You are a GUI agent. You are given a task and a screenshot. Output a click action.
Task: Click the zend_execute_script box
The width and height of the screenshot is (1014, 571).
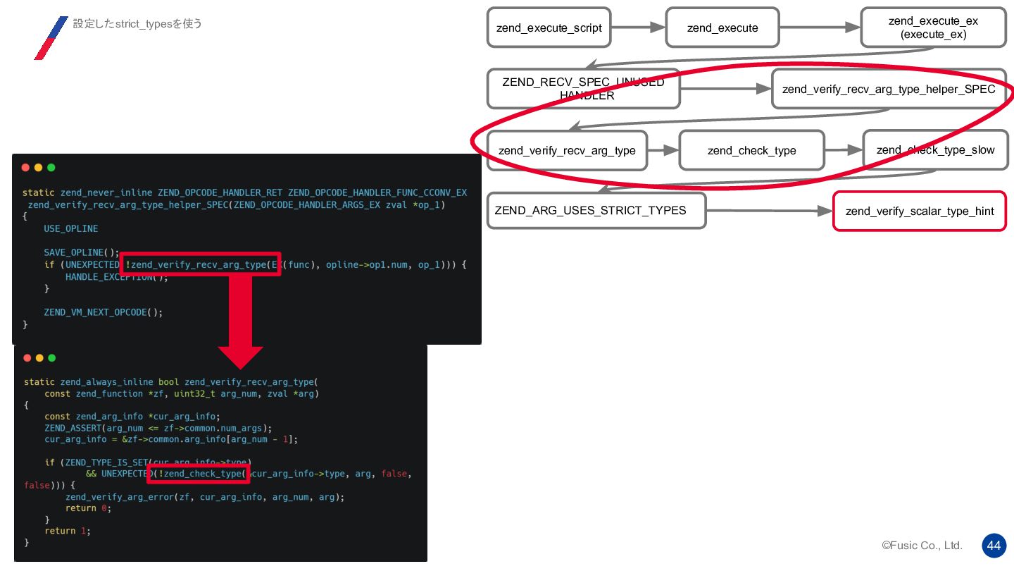coord(549,27)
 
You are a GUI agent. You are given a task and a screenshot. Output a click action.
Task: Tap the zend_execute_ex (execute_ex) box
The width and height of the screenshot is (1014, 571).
coord(933,27)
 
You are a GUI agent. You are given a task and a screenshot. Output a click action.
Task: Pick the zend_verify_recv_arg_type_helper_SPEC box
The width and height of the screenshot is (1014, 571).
coord(889,89)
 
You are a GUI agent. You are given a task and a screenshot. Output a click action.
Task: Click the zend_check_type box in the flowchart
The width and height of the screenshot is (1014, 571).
coord(751,150)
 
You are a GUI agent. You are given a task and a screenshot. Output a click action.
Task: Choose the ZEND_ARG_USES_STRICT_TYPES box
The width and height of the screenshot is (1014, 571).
coord(596,210)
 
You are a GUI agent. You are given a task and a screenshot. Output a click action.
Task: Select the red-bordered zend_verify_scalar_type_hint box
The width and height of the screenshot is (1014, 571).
coord(919,211)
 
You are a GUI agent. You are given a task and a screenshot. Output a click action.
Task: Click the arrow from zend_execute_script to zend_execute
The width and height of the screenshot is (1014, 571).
coord(638,27)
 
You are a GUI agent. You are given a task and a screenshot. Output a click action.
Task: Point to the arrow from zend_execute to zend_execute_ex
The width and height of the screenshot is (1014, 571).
coord(820,27)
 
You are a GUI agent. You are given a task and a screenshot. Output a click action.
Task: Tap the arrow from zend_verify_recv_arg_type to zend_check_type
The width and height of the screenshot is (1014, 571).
coord(663,150)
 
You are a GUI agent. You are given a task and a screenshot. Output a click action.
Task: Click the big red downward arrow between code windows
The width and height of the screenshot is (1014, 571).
coord(240,317)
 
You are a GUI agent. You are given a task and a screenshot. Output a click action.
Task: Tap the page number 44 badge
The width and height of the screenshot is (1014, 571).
coord(994,546)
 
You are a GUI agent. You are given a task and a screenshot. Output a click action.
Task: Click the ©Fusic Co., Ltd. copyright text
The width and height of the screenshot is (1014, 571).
coord(922,546)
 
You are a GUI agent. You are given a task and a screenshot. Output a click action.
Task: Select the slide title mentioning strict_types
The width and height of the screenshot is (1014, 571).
coord(137,24)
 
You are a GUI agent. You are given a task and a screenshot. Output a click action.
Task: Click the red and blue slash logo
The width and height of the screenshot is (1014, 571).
coord(51,37)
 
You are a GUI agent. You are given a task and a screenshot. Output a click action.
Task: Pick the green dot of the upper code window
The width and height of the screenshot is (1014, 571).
coord(51,168)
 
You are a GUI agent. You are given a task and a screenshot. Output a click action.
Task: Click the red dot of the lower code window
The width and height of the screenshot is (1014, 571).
coord(26,357)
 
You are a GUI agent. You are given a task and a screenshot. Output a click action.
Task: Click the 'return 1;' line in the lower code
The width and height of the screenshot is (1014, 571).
coord(68,531)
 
